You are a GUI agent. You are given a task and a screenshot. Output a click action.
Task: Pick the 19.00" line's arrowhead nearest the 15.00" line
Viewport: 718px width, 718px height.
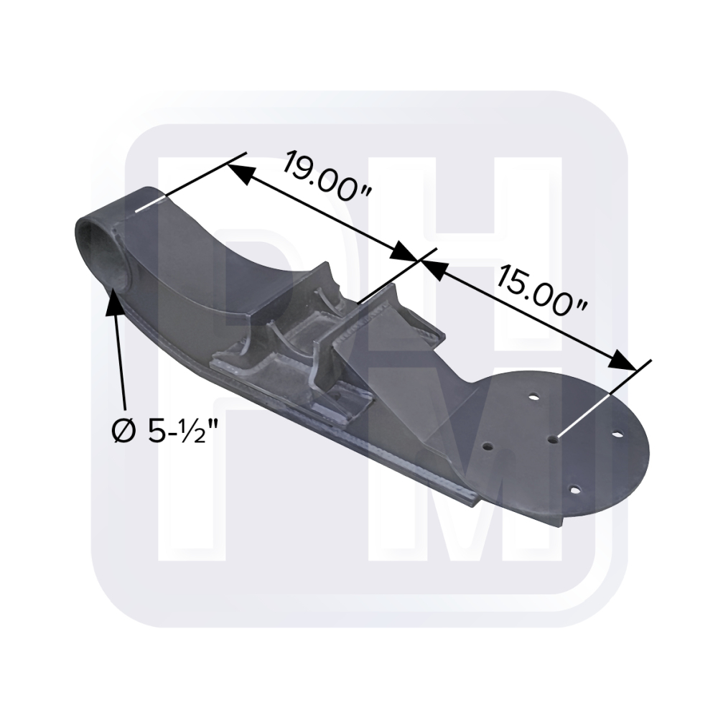point(406,255)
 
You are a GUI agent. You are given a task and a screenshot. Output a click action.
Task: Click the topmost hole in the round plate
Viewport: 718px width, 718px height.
point(534,396)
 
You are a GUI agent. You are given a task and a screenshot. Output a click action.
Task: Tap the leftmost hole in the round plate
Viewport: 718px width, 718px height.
point(488,446)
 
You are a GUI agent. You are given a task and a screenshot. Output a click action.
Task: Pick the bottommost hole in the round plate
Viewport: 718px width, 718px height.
point(574,490)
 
